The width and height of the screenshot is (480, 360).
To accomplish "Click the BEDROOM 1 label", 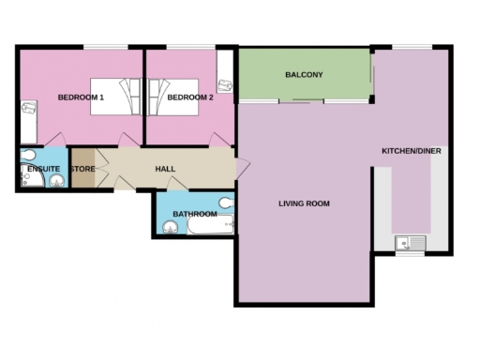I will tap(81, 97).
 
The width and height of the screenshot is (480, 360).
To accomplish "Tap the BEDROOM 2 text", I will tap(190, 97).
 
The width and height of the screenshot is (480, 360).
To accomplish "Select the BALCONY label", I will tap(304, 74).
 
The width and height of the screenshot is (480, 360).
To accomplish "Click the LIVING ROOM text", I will tap(304, 203).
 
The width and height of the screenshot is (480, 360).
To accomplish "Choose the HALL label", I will tap(165, 169).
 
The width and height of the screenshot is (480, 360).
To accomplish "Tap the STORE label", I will tap(83, 170).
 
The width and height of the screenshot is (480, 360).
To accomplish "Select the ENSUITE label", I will tap(43, 170).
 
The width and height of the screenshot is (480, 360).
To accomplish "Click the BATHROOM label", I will tap(194, 215).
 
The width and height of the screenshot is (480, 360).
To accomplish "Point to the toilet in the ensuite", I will tap(27, 156).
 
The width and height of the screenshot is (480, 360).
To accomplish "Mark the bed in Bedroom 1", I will tap(112, 97).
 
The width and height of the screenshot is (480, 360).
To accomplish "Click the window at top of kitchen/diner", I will tap(411, 47).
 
